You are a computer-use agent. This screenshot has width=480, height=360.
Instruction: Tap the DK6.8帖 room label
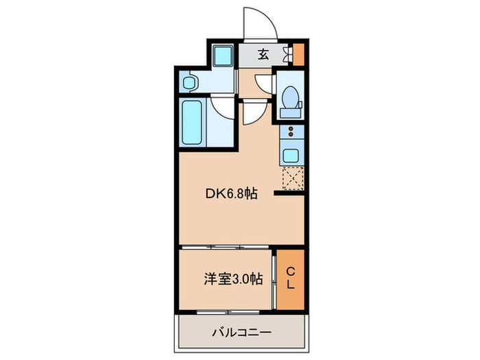click(232, 194)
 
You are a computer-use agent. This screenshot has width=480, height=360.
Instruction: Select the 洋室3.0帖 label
click(232, 279)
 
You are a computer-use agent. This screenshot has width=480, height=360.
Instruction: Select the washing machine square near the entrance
click(221, 56)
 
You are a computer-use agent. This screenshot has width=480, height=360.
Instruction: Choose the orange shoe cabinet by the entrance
click(298, 53)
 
